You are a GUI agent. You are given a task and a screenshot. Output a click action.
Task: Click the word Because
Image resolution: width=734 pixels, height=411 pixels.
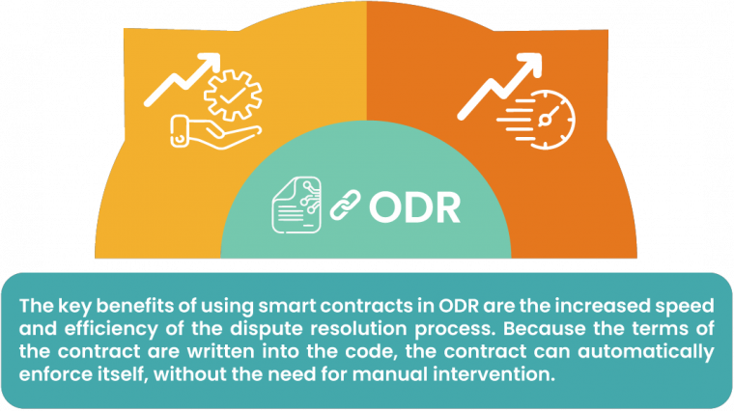click(x=514, y=329)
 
